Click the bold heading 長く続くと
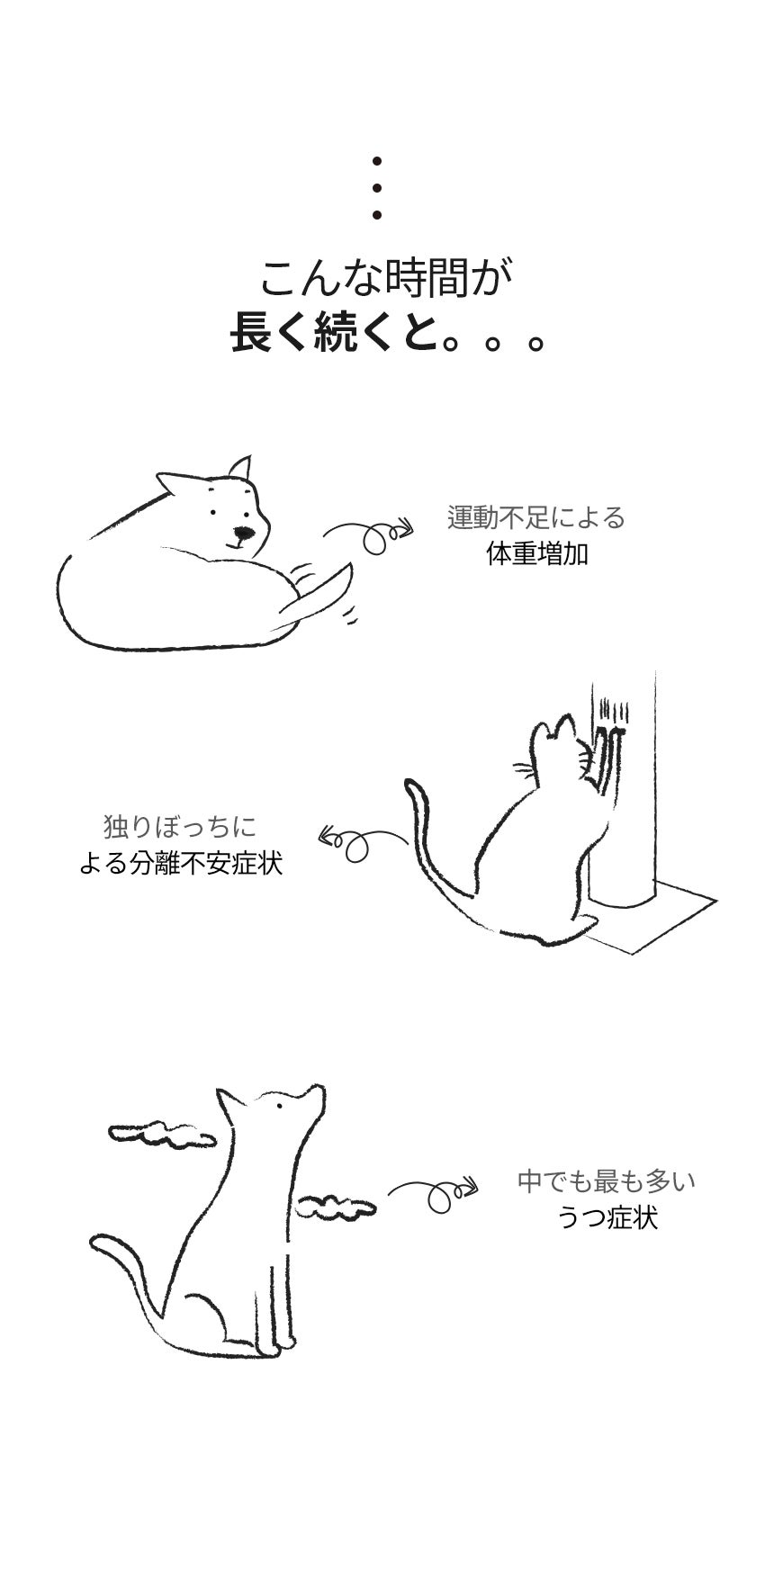click(x=332, y=332)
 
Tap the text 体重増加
click(x=536, y=553)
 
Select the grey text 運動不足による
click(x=536, y=517)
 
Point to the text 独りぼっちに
click(x=180, y=826)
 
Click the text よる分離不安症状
click(x=181, y=864)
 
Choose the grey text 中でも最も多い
click(x=607, y=1181)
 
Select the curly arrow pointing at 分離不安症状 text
click(x=360, y=841)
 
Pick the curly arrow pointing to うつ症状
click(x=432, y=1194)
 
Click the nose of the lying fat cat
click(x=240, y=532)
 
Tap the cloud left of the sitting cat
click(x=163, y=1136)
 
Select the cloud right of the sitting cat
click(x=336, y=1204)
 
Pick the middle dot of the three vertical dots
click(x=377, y=188)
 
